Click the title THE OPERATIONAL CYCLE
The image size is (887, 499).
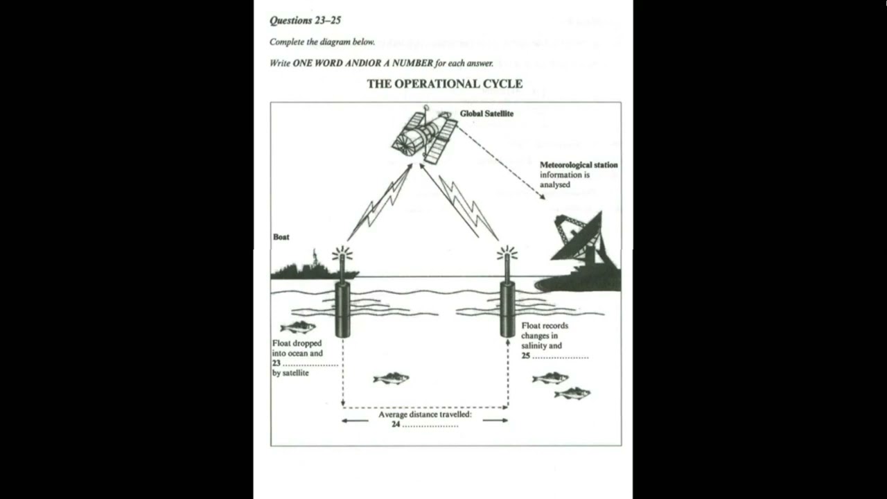pos(444,84)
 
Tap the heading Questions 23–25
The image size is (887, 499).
pos(305,21)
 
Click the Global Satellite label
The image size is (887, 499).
pos(486,114)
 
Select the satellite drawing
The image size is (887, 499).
pos(425,135)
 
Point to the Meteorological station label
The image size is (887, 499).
pos(579,165)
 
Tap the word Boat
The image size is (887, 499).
pos(281,237)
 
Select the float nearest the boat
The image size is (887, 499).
pos(342,305)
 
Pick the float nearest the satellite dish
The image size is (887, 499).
pos(507,305)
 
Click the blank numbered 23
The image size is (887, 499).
pos(310,363)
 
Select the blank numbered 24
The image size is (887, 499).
pos(430,424)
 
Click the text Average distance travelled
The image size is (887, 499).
pos(425,414)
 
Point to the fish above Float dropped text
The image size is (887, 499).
pos(298,327)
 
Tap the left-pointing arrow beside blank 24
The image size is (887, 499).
pos(355,421)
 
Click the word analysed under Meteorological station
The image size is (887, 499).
pos(556,185)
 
